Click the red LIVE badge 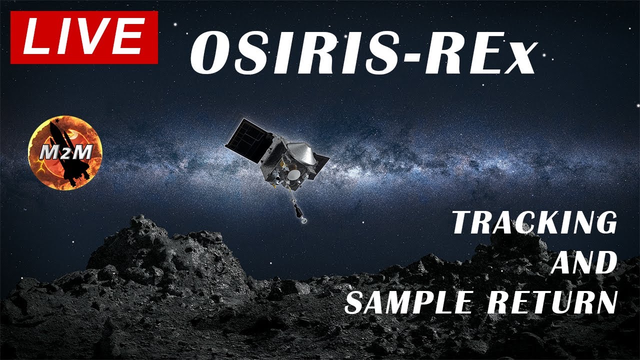pyautogui.click(x=84, y=37)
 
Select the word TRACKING pyautogui.click(x=534, y=223)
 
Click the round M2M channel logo pyautogui.click(x=65, y=152)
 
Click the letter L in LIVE pyautogui.click(x=35, y=37)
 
